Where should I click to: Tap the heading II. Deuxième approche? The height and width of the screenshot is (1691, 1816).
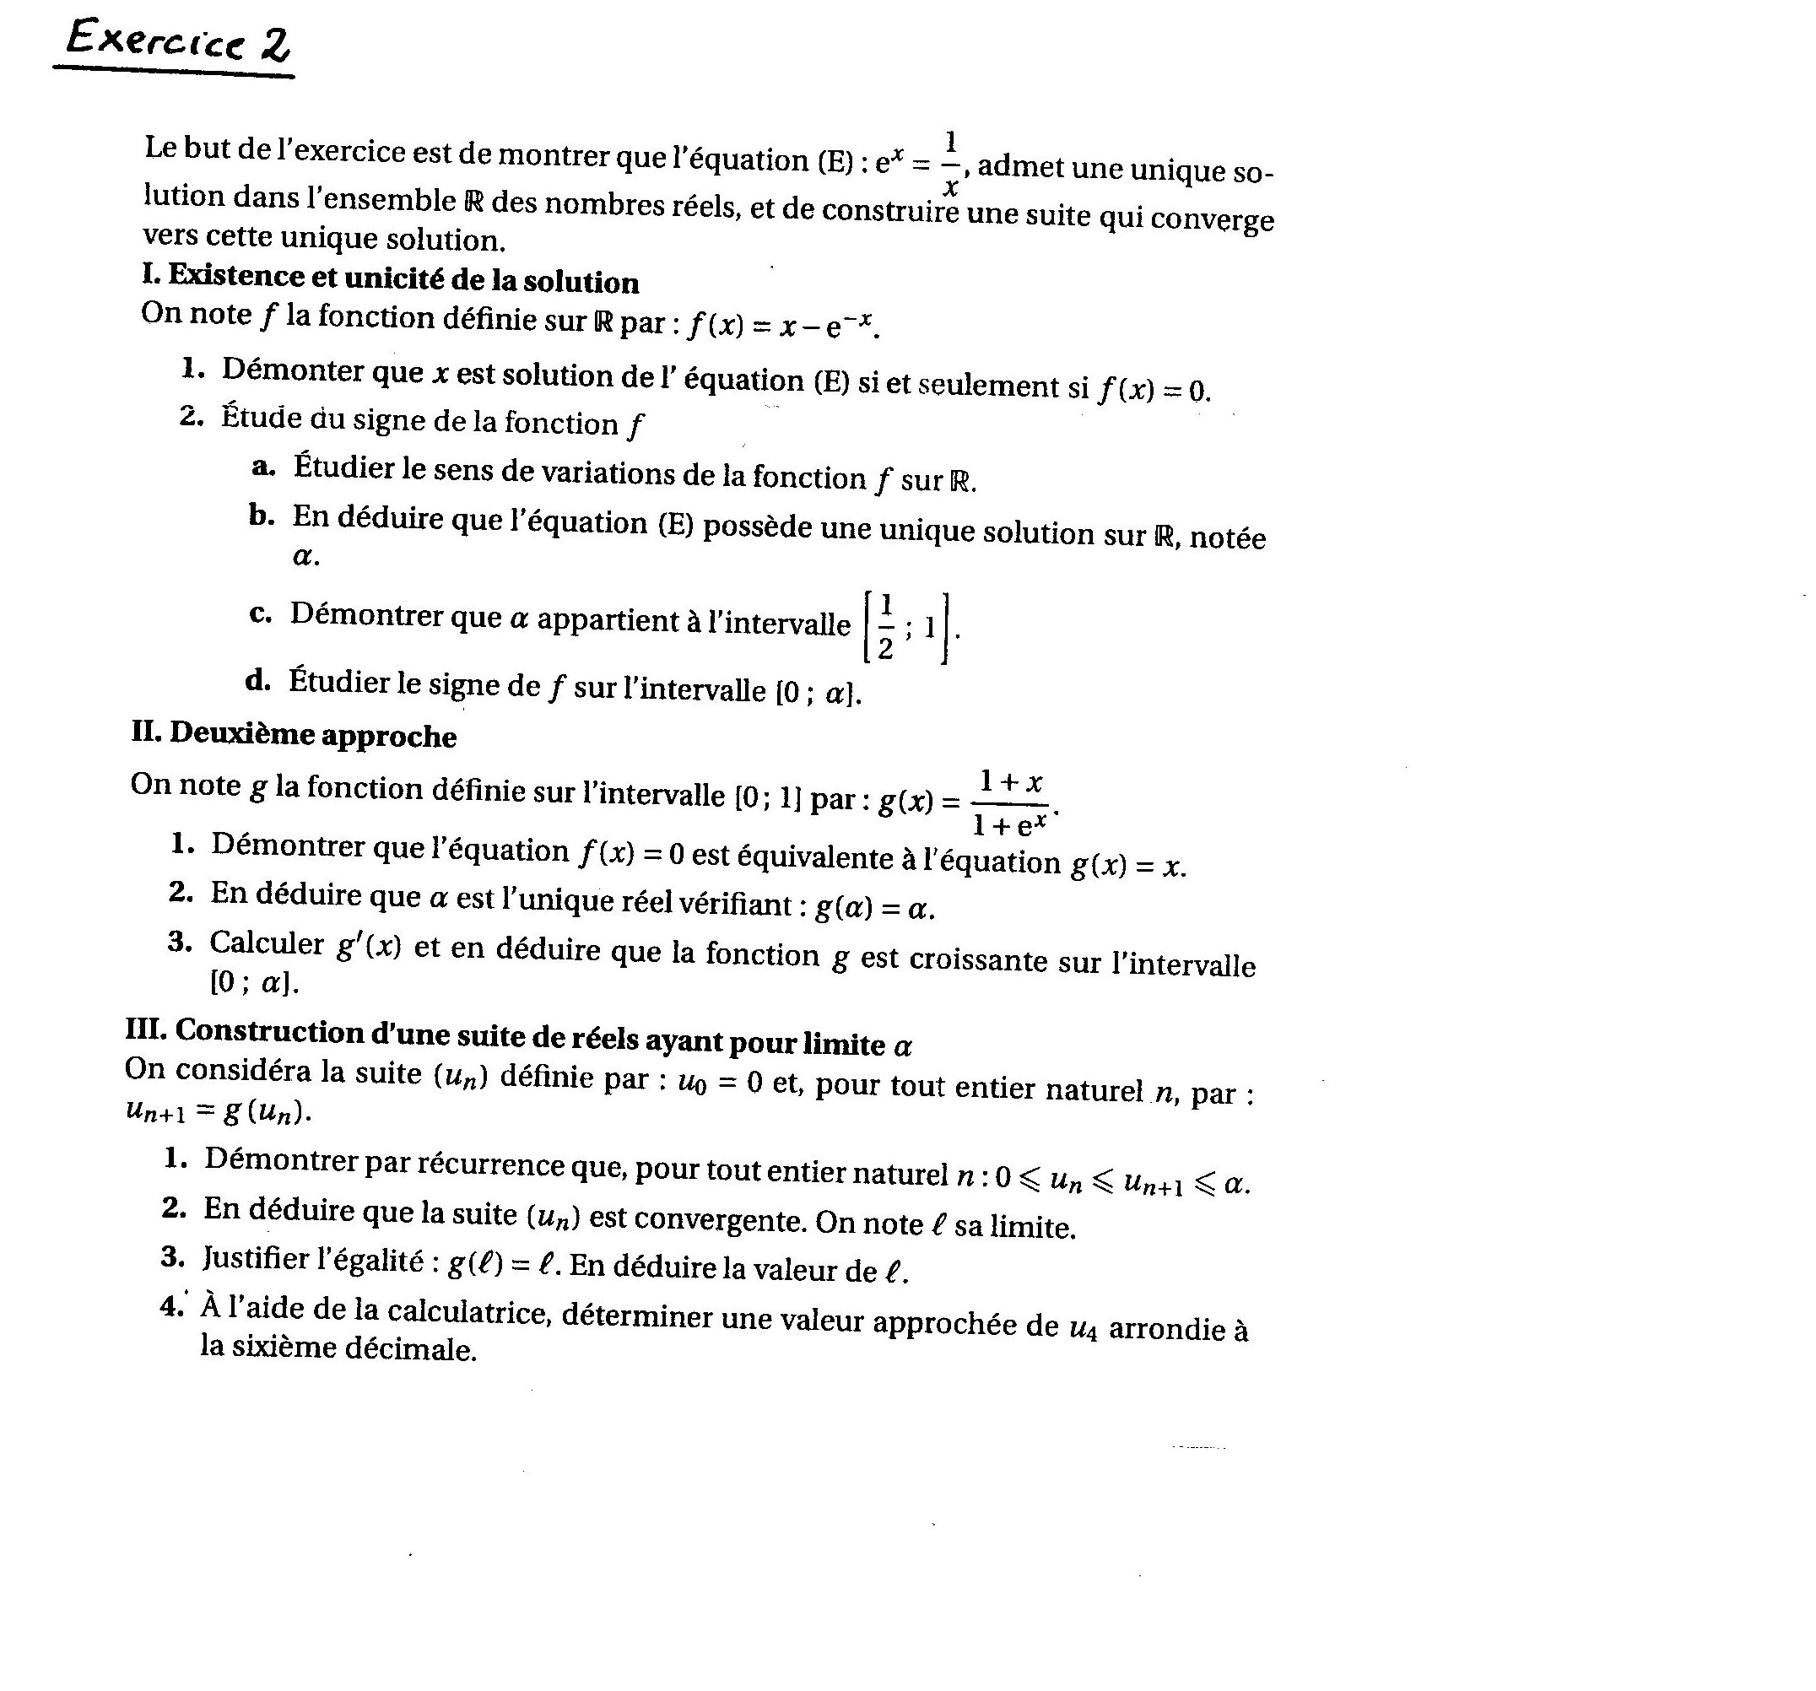pos(295,734)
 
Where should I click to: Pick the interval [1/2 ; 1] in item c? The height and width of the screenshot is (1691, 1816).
pos(907,628)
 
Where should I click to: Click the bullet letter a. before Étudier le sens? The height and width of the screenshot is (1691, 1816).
pos(263,467)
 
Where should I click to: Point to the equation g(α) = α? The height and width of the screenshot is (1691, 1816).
pos(873,907)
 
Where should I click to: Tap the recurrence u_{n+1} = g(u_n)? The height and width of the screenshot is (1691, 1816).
pos(219,1111)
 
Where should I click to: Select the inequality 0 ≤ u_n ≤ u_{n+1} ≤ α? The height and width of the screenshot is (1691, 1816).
pos(1121,1181)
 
